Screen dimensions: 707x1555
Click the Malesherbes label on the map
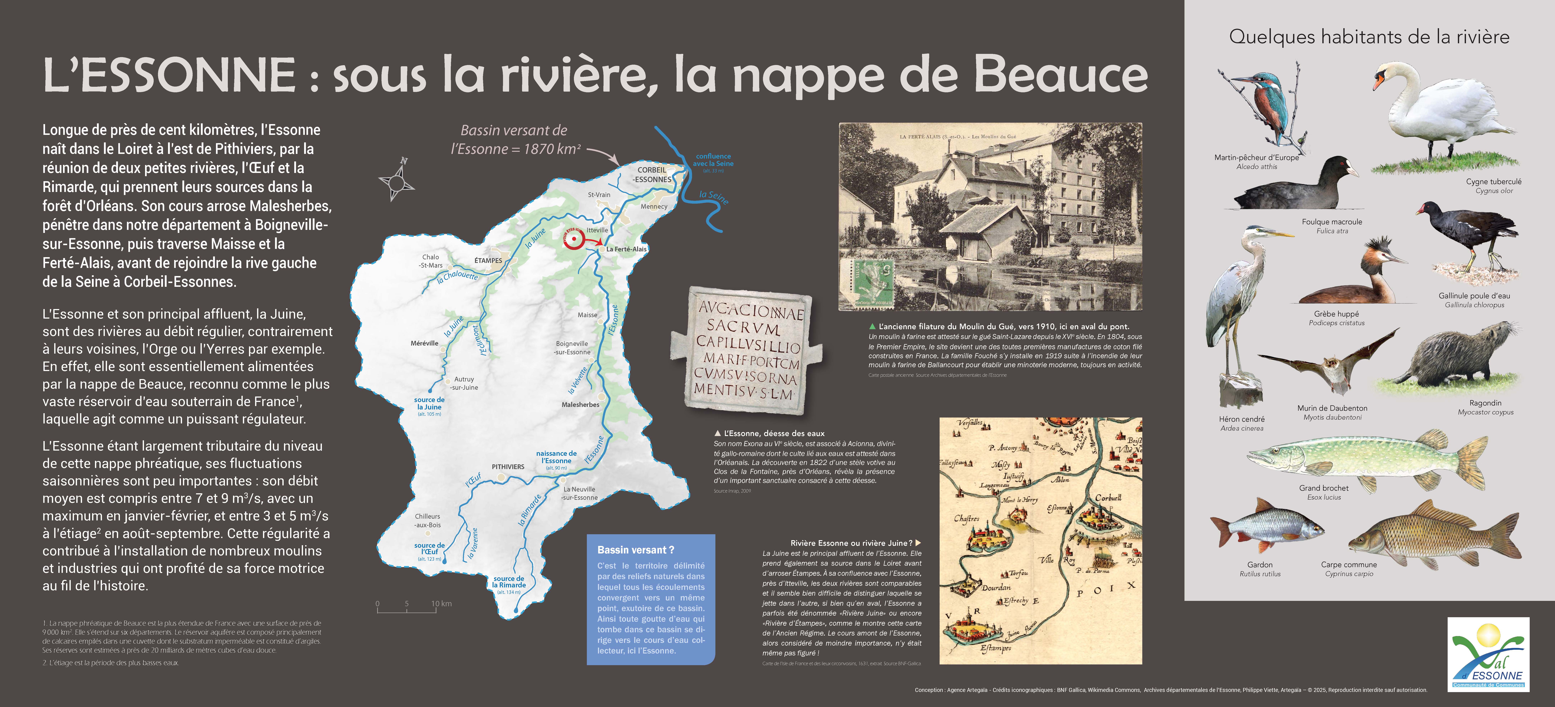click(x=580, y=405)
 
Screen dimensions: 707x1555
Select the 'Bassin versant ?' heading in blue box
click(x=636, y=550)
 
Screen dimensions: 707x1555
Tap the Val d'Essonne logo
click(x=1488, y=654)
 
